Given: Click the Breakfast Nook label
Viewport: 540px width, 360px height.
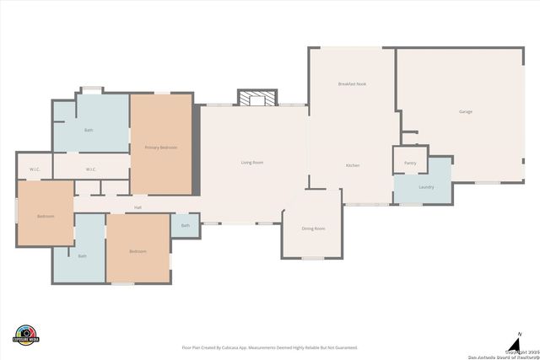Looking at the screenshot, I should click(x=352, y=84).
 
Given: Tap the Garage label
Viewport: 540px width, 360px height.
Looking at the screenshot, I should click(x=465, y=111).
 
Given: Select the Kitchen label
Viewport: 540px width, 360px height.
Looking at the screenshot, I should click(x=353, y=165).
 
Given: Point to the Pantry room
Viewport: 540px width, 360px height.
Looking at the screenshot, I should click(x=410, y=163).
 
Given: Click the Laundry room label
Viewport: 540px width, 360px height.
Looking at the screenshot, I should click(x=426, y=186).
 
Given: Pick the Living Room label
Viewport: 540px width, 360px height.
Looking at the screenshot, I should click(x=252, y=162).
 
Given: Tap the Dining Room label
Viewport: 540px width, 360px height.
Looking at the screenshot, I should click(x=313, y=228).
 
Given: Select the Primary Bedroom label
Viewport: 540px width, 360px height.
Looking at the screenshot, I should click(x=160, y=148).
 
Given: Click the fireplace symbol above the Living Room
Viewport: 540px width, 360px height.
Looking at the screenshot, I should click(x=257, y=99).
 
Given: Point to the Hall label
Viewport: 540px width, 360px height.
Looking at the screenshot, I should click(x=138, y=207).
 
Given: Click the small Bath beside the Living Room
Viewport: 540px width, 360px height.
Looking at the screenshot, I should click(x=185, y=225).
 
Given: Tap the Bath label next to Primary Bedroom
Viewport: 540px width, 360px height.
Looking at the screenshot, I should click(x=89, y=130).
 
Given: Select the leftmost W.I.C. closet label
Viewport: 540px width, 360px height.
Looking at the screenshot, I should click(x=35, y=169).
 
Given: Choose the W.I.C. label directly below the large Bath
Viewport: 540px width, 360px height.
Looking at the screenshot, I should click(x=91, y=169).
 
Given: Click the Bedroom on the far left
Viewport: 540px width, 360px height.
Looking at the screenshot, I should click(x=46, y=217).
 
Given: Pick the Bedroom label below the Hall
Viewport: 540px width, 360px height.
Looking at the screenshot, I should click(x=138, y=251).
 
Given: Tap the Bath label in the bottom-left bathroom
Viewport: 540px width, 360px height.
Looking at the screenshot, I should click(x=82, y=255).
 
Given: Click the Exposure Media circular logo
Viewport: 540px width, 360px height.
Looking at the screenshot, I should click(x=26, y=334).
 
